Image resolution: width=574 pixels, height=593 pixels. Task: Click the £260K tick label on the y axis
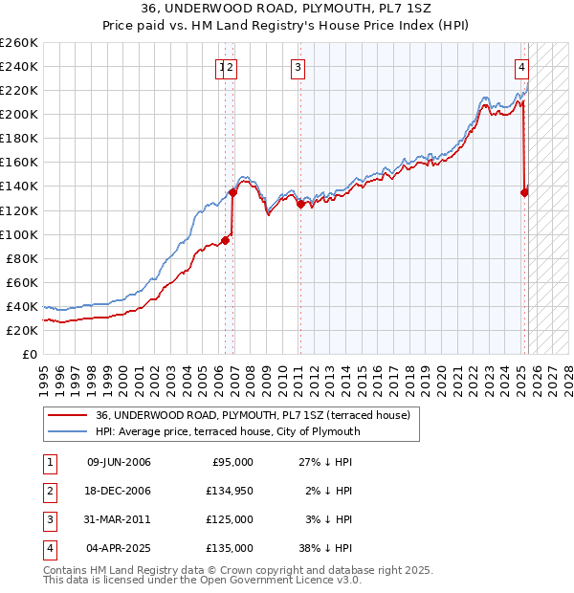coord(18,43)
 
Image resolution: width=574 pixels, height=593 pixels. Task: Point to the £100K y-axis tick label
coord(18,234)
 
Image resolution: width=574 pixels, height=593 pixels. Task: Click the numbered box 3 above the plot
coord(298,67)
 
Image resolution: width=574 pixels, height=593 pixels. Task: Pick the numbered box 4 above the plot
coord(522,67)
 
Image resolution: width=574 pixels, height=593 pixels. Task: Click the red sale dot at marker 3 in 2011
coord(300,204)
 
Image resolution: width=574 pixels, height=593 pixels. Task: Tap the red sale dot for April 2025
coord(524,192)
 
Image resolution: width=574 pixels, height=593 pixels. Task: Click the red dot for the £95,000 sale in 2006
coord(226,240)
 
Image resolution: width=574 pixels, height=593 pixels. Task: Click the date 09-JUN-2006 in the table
coord(119,462)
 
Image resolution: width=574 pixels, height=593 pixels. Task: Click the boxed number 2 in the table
coord(49,491)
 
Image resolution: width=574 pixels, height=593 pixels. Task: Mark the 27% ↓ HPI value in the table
coord(326,462)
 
